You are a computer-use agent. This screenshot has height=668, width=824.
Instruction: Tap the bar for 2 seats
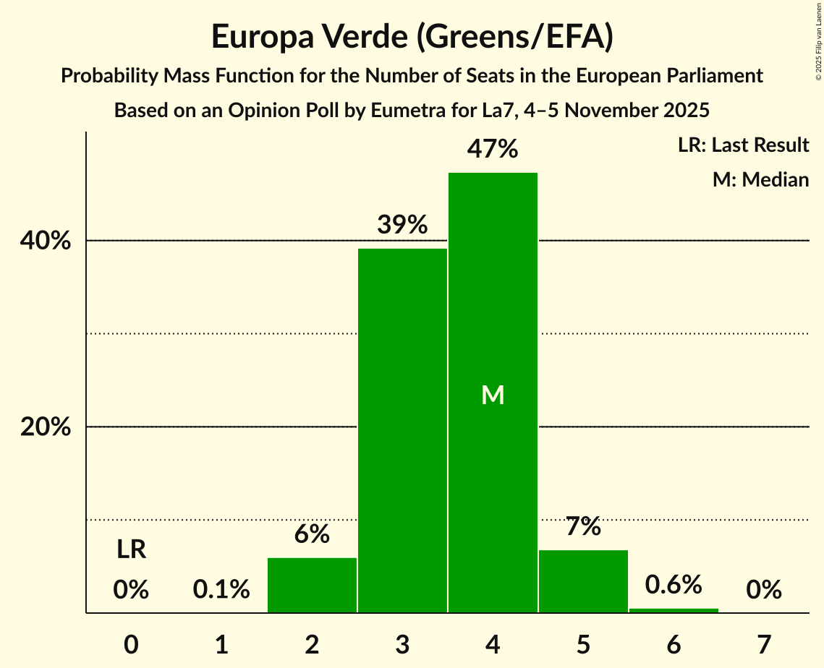[x=312, y=585]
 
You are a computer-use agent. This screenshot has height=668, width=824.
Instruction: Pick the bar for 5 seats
[x=583, y=581]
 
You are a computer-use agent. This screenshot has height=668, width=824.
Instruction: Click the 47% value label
[x=493, y=150]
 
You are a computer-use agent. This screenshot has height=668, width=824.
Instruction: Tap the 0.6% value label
[x=674, y=583]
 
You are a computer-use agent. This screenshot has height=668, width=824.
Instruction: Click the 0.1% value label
[x=221, y=590]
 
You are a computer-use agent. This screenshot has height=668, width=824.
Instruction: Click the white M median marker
[x=493, y=395]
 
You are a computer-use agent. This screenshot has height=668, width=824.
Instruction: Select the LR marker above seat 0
[x=132, y=550]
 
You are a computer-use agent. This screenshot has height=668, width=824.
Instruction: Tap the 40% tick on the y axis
[x=46, y=241]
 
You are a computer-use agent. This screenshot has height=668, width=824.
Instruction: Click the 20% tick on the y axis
[x=46, y=427]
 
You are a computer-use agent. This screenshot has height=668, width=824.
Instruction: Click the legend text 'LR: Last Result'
[x=743, y=145]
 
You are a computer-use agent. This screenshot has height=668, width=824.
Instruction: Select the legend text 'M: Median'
[x=760, y=179]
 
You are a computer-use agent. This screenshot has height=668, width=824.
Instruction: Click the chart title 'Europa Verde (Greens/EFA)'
[x=412, y=37]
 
